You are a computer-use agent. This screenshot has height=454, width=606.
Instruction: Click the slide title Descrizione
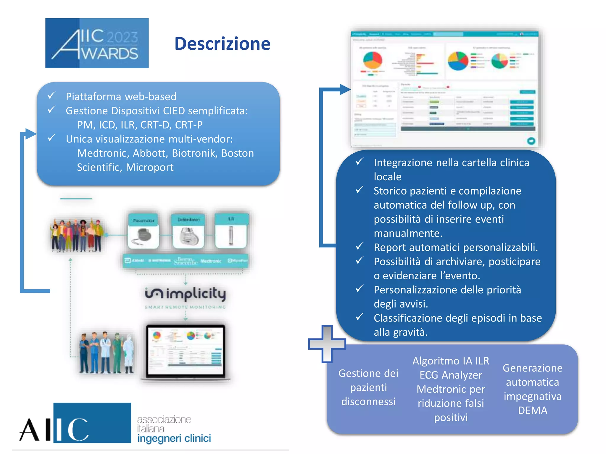tap(222, 44)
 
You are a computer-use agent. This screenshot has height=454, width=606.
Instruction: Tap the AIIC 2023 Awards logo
tap(97, 43)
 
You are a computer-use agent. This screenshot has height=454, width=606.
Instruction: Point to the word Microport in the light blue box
tap(149, 167)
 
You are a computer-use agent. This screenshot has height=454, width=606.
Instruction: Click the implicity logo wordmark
tap(185, 294)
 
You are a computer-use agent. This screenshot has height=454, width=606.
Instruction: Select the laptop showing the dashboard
tap(186, 352)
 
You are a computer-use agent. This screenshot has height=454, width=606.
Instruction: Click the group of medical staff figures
tap(107, 353)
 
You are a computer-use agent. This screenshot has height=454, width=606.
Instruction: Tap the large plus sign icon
tap(327, 344)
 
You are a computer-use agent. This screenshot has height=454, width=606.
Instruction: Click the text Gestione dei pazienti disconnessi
tap(368, 387)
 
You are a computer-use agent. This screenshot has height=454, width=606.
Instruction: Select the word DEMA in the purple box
tap(533, 410)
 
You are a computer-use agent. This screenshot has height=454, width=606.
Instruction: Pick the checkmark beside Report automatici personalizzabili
tap(360, 246)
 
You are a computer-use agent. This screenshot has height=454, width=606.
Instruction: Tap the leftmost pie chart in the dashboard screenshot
tap(373, 60)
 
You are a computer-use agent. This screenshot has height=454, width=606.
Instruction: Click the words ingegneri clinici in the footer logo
tap(174, 438)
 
